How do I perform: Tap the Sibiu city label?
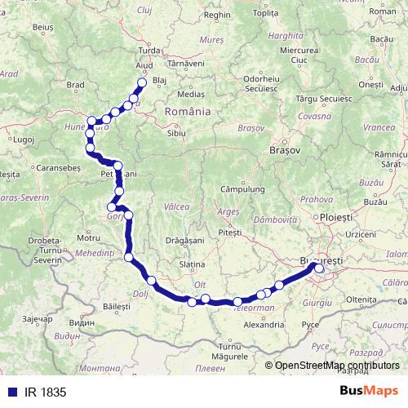(x=175, y=131)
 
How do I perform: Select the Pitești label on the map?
(x=230, y=233)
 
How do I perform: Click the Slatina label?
(x=192, y=265)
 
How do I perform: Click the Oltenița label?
(x=361, y=299)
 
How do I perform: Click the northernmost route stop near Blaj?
(x=142, y=82)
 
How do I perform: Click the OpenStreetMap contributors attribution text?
(x=337, y=365)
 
